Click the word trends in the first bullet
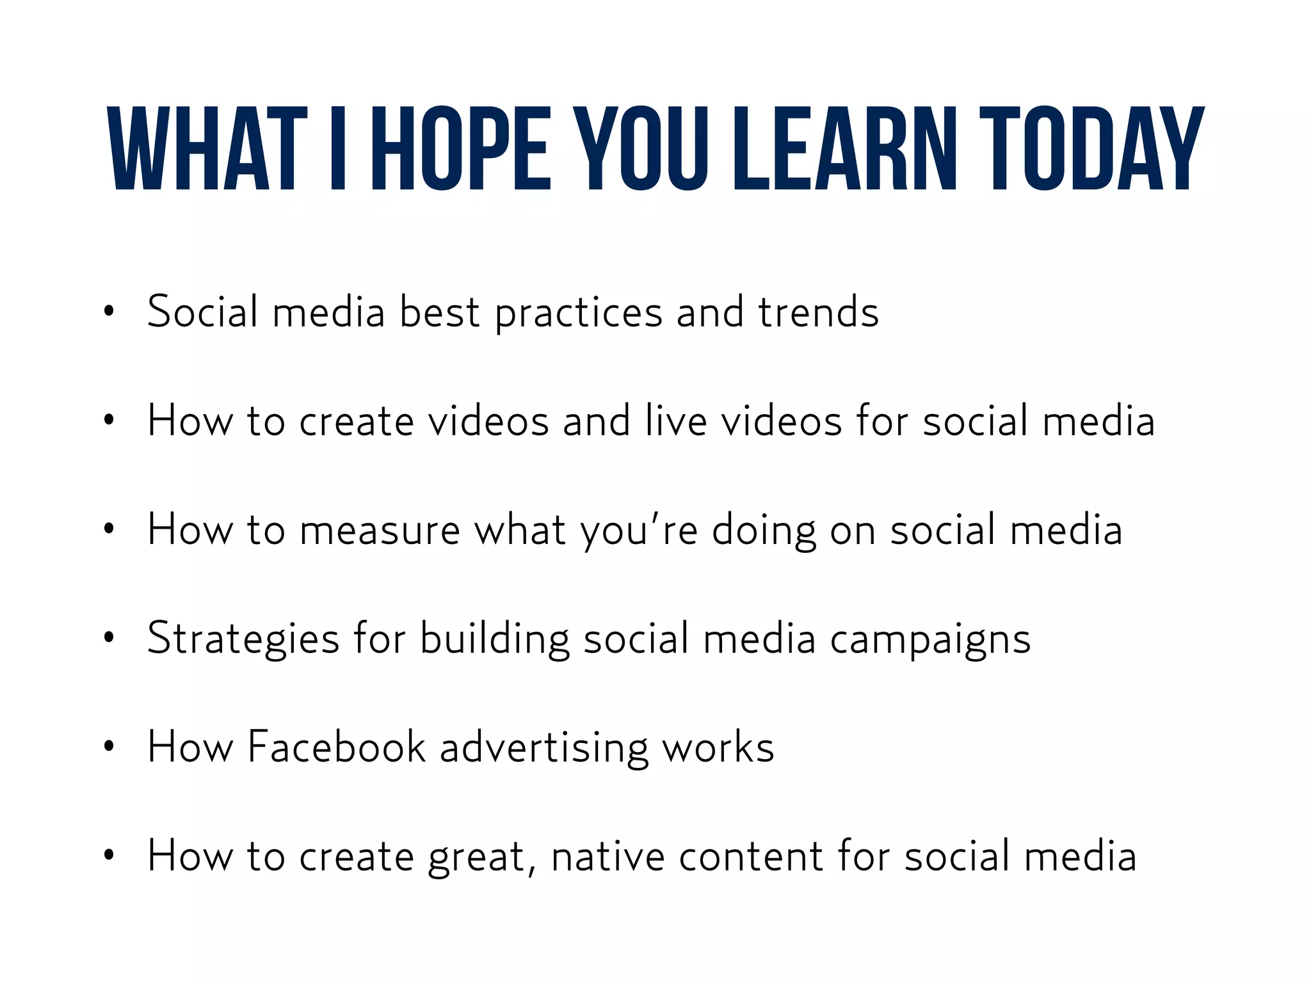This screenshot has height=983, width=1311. (x=819, y=312)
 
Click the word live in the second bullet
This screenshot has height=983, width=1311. (x=676, y=421)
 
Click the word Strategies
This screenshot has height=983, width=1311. (x=243, y=639)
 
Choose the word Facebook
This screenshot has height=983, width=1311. (x=337, y=747)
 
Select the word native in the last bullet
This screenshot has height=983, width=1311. (x=607, y=856)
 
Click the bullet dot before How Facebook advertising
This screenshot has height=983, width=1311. (x=109, y=746)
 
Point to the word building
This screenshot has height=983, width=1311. (x=494, y=639)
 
